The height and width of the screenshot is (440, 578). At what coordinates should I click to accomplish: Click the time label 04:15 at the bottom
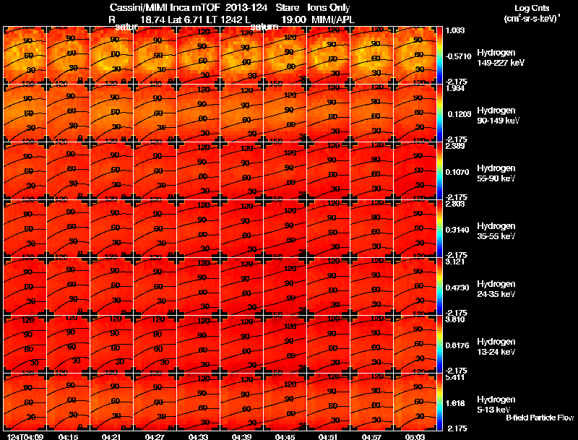(x=69, y=436)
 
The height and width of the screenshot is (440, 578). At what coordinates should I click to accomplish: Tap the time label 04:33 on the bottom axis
(x=198, y=436)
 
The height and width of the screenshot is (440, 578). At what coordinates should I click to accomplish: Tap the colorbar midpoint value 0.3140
(x=460, y=230)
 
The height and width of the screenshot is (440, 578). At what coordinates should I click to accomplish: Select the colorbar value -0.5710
(x=460, y=55)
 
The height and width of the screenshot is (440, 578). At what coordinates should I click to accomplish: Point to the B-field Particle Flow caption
(x=539, y=418)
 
